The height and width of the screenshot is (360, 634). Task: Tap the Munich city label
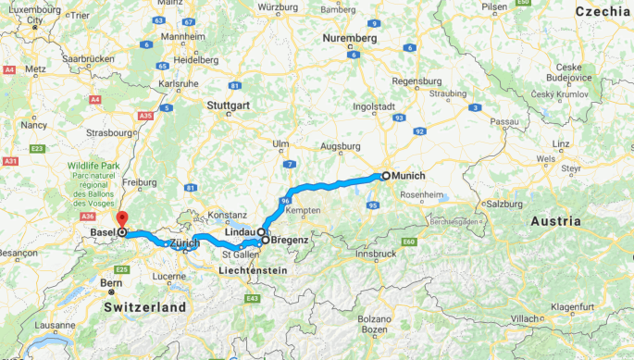[x=410, y=175]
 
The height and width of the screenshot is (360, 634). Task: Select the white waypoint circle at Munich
[x=386, y=175]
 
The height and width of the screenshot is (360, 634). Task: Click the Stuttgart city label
[x=229, y=106]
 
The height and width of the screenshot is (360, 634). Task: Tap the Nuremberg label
[x=349, y=39]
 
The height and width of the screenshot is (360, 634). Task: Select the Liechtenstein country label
[x=254, y=270]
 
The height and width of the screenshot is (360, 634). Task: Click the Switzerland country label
[x=144, y=306]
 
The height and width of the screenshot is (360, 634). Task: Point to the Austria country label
[x=555, y=221]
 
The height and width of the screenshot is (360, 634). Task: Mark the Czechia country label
[x=603, y=12]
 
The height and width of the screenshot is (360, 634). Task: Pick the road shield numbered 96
[x=285, y=201]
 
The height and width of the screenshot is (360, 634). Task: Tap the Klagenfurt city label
[x=575, y=304]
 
